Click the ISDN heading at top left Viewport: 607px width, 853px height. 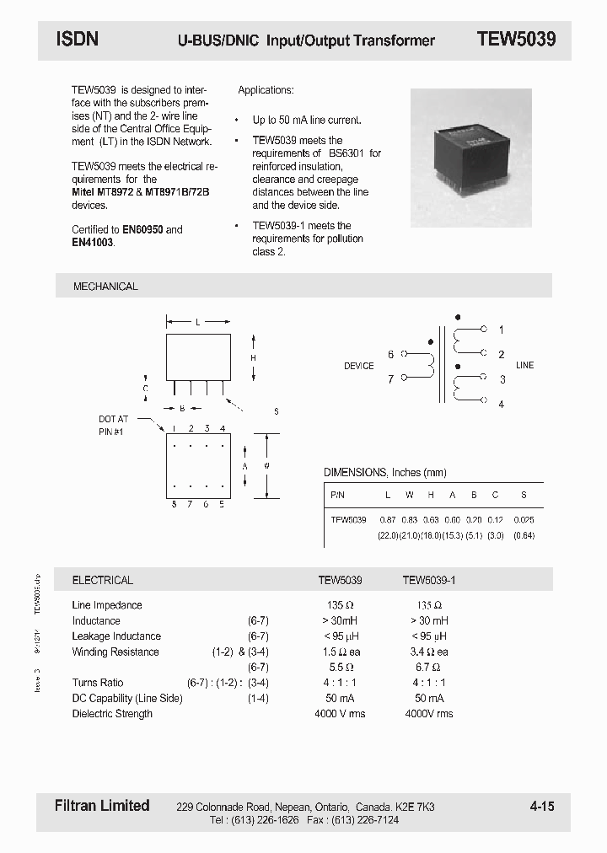click(78, 39)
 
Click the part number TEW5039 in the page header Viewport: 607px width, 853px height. click(516, 39)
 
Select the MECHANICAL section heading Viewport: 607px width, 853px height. click(105, 287)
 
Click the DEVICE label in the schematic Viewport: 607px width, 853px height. click(358, 366)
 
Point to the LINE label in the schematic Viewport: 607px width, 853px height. click(524, 366)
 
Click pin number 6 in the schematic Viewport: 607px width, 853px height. click(390, 355)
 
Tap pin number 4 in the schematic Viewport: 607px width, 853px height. click(501, 405)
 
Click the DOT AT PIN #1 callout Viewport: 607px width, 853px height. click(113, 425)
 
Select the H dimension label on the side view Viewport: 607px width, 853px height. click(253, 358)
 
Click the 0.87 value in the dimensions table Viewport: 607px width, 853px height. click(388, 520)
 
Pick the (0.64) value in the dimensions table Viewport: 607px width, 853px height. click(524, 535)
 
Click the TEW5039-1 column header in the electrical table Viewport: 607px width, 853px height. click(429, 580)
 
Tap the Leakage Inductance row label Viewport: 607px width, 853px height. click(116, 636)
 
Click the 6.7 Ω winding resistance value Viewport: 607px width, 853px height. click(429, 667)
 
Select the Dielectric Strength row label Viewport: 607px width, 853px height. click(112, 714)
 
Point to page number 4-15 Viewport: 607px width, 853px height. click(542, 807)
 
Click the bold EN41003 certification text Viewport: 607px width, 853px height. click(93, 243)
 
